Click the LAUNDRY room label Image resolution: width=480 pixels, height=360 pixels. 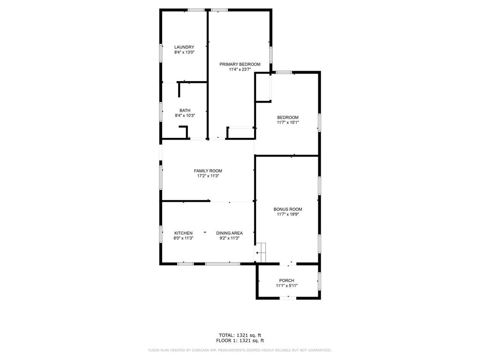coord(184,47)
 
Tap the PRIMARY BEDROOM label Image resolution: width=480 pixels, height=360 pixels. coord(240,64)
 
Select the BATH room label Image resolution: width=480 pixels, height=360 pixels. coord(185,111)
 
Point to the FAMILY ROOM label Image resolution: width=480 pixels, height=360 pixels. coord(208,171)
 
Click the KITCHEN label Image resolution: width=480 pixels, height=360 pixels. coord(183,233)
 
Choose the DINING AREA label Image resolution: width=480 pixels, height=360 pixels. coord(230,233)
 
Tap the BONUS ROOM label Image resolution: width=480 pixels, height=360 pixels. coord(288,210)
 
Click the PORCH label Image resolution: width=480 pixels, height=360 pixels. coord(287,281)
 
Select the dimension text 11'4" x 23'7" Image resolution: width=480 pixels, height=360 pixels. coord(240,69)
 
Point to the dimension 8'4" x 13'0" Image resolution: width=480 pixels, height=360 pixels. coord(185,52)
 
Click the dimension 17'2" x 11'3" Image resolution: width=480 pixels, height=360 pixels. coord(208,176)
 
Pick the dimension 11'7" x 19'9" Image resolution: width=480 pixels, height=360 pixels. coord(288,215)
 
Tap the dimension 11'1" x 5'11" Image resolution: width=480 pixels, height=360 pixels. coord(287,286)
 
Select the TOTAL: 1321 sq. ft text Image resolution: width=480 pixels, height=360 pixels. coord(240,336)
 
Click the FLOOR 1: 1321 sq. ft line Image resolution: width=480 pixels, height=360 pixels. coord(240,341)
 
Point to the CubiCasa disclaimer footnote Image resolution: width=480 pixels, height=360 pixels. coord(240,350)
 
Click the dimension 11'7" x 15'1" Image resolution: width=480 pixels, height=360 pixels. coord(288,122)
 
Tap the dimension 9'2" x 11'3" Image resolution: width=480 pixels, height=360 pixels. coord(230,239)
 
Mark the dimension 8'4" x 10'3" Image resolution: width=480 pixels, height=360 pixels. coord(185,116)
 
